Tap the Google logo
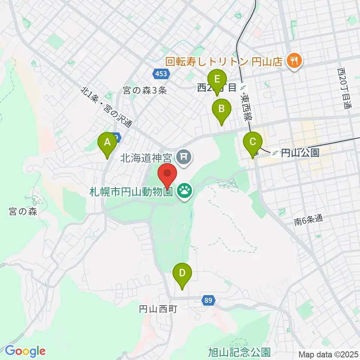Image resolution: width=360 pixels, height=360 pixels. (x=25, y=351)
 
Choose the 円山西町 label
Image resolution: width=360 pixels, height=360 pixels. (x=158, y=309)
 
